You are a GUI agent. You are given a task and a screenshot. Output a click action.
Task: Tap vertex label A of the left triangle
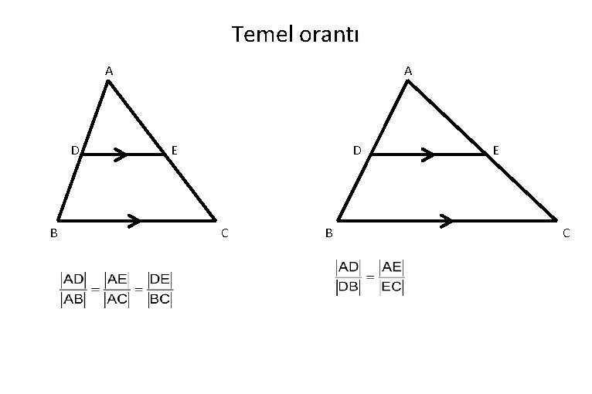[x=109, y=71]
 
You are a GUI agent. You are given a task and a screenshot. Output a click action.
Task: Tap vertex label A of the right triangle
[x=408, y=71]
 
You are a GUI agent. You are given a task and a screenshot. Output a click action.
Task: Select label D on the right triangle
[x=357, y=149]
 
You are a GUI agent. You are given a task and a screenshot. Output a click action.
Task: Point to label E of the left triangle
[x=175, y=149]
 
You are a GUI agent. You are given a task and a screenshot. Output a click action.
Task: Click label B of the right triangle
[x=329, y=232]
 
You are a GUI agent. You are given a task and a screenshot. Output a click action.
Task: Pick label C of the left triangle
[x=224, y=232]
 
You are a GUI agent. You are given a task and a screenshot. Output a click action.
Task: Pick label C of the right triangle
[x=566, y=232]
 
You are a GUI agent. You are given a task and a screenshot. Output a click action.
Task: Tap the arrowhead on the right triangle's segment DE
[x=427, y=155]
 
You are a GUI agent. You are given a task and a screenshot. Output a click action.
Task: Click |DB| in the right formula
[x=349, y=287]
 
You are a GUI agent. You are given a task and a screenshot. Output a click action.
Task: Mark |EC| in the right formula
[x=392, y=287]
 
